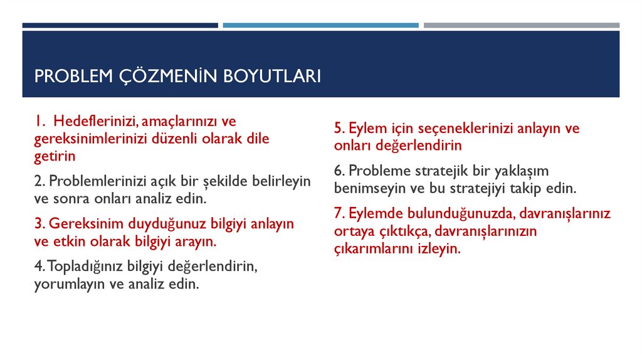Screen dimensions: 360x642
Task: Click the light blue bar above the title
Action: [320, 25]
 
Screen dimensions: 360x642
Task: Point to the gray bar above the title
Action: [521, 25]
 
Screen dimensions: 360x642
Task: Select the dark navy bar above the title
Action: [120, 25]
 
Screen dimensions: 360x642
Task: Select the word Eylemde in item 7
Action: [372, 214]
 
